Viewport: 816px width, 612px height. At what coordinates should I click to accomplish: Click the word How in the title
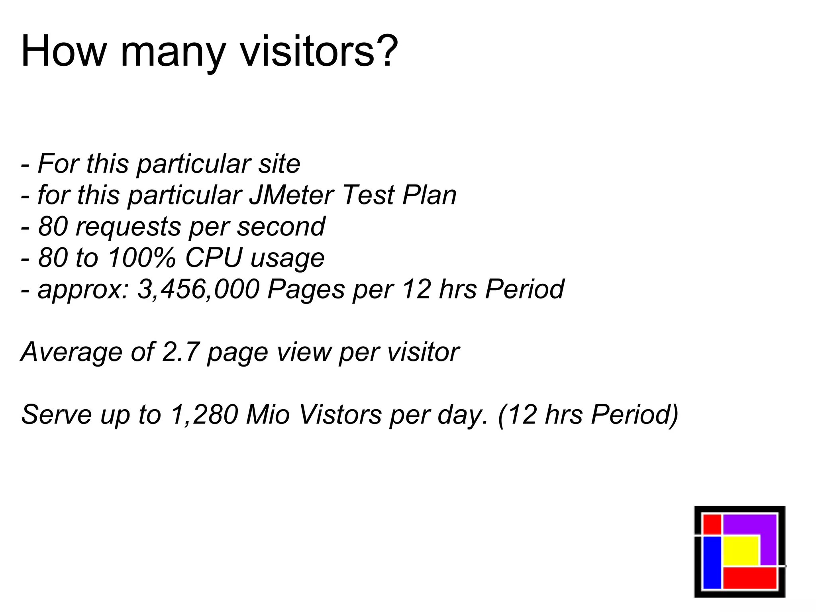(63, 52)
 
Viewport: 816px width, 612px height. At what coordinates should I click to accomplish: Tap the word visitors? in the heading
(319, 52)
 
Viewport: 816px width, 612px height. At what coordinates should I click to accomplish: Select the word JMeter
(292, 195)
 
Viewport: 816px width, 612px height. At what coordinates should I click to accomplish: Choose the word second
(281, 226)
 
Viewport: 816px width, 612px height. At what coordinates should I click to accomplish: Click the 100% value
(141, 258)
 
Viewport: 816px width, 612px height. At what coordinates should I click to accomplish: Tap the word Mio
(268, 415)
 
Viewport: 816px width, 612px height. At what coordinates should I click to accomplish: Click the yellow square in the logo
(740, 550)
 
